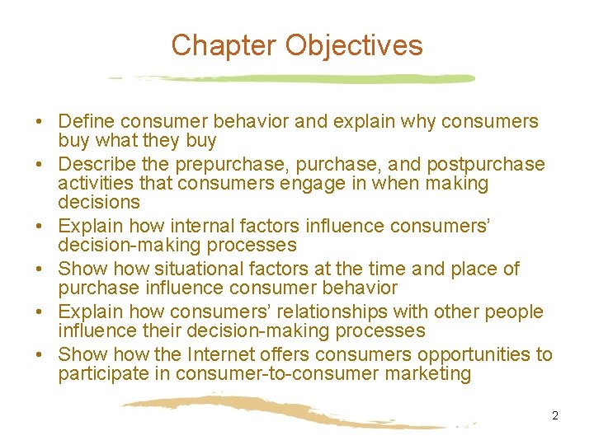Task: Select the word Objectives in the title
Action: click(x=354, y=45)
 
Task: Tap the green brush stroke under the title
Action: click(x=330, y=79)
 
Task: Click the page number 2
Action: click(x=555, y=415)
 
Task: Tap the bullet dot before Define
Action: click(x=39, y=122)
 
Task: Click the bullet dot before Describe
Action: click(x=39, y=165)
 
